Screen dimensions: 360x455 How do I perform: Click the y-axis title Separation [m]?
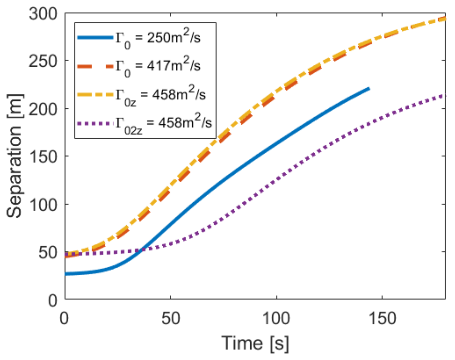click(x=15, y=156)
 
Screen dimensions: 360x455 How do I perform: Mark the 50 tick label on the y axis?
click(x=48, y=252)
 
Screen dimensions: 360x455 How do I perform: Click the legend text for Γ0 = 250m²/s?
click(x=158, y=39)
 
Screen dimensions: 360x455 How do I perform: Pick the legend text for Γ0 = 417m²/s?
click(x=158, y=67)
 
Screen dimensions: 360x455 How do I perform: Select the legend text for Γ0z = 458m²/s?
click(x=160, y=96)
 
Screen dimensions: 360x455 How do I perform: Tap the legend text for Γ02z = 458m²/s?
click(x=163, y=124)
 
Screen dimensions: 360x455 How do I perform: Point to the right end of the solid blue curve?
click(x=369, y=89)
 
